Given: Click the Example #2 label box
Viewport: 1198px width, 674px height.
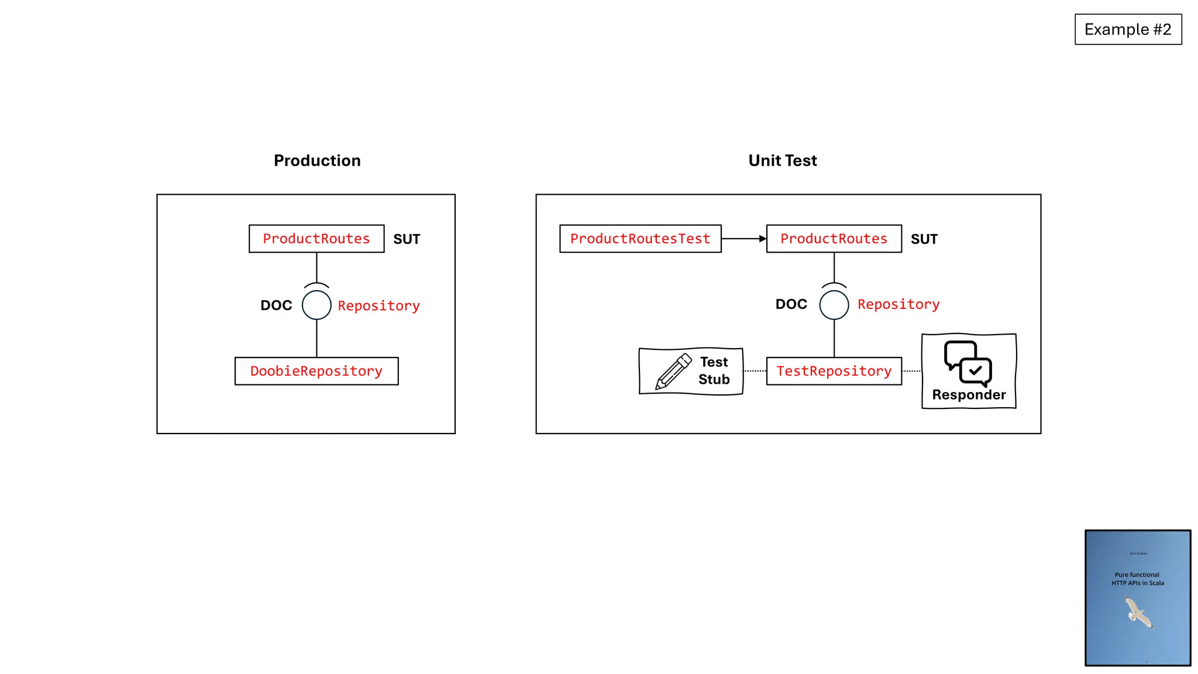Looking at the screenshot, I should coord(1128,29).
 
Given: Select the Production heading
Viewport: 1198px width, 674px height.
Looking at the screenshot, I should coord(317,160).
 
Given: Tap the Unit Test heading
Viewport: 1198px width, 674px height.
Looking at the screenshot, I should coord(782,160).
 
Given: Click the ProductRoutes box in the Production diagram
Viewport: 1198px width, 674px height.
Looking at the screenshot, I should coord(316,239).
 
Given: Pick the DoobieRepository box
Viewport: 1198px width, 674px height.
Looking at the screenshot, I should coord(316,371).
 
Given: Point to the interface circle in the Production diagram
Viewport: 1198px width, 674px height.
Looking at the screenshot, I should coord(316,305).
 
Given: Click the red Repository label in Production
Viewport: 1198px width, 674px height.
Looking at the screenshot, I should coord(378,305).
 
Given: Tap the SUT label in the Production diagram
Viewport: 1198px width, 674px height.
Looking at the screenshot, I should coord(407,239).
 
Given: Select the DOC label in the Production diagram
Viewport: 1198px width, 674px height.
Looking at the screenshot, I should coord(276,305).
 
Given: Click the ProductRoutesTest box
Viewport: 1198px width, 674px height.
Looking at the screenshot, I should coord(640,239).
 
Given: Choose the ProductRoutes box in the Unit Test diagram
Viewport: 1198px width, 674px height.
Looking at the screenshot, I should coord(834,239).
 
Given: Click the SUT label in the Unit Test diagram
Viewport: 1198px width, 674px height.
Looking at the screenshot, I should coord(924,239).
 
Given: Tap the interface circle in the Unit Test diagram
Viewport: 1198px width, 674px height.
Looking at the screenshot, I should coord(834,305).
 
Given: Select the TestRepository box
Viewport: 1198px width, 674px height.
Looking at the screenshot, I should coord(834,371).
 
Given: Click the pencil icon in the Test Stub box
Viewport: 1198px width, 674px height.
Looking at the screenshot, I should coord(673,372).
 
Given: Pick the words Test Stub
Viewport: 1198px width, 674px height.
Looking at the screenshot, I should coord(714,370).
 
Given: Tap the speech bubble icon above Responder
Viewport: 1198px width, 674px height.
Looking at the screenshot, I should coord(968,363).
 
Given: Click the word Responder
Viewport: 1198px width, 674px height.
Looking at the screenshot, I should coord(969,395).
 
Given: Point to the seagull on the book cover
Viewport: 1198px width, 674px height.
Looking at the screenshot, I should coord(1138,612).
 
